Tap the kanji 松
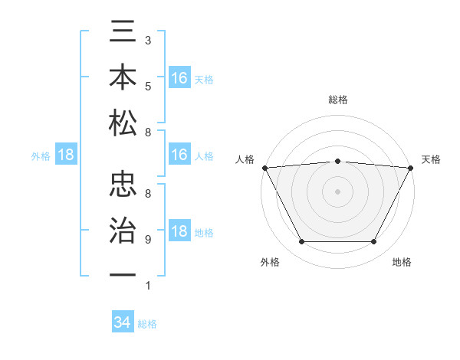[x=123, y=122]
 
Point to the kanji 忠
[x=123, y=184]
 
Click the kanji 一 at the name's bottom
[x=123, y=272]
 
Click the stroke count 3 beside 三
[x=147, y=39]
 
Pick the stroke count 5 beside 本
[x=147, y=87]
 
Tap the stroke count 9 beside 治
[x=147, y=240]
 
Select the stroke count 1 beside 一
[x=147, y=286]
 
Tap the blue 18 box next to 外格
[x=66, y=155]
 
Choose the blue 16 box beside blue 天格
[x=179, y=78]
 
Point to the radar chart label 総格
[x=337, y=100]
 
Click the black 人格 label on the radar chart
[x=245, y=159]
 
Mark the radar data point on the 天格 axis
[x=411, y=167]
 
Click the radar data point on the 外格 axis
[x=301, y=242]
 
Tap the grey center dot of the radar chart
[x=337, y=191]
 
